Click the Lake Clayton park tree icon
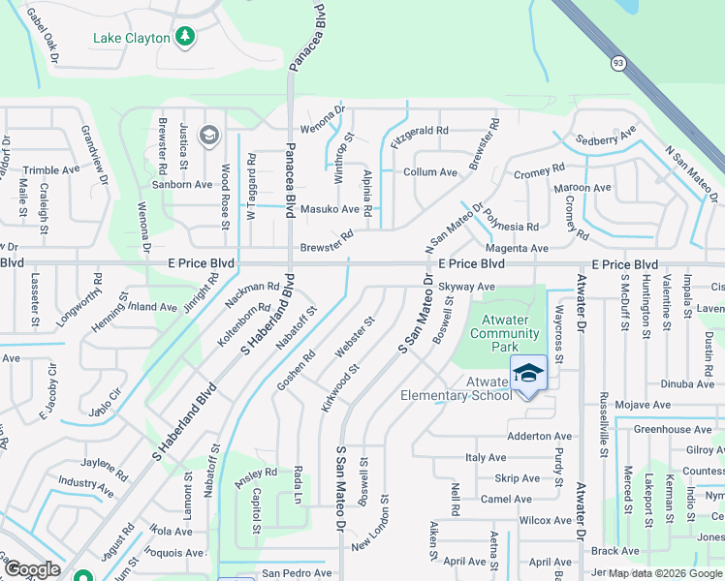(x=185, y=38)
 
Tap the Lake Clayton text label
(x=131, y=39)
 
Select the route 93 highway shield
(x=617, y=63)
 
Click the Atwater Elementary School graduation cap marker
(x=529, y=373)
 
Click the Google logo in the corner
(x=32, y=570)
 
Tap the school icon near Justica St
(x=208, y=136)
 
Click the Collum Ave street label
(x=429, y=172)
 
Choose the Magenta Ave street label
(x=523, y=249)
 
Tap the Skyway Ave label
(x=466, y=287)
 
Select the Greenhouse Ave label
(x=673, y=429)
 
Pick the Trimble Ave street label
(x=50, y=169)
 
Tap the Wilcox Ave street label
(x=546, y=520)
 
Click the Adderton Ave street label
(x=540, y=437)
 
